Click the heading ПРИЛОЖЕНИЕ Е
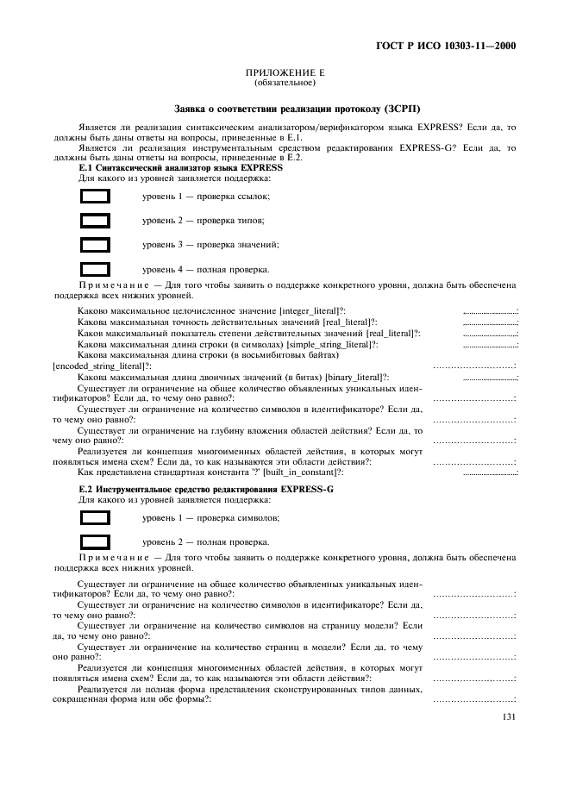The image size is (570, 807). click(x=285, y=75)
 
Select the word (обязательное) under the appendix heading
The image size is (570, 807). click(x=285, y=84)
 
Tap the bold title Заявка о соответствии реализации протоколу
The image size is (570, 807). click(x=297, y=109)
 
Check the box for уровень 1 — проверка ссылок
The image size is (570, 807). click(x=95, y=197)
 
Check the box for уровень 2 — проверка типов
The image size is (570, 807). click(x=95, y=221)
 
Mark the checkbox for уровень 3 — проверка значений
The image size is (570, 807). click(x=95, y=245)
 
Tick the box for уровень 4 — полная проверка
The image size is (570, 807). click(x=95, y=269)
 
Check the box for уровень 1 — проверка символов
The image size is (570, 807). click(x=95, y=518)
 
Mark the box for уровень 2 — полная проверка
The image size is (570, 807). click(x=95, y=542)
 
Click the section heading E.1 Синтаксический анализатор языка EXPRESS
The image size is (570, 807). click(x=180, y=167)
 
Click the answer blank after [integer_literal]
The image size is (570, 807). click(x=490, y=311)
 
